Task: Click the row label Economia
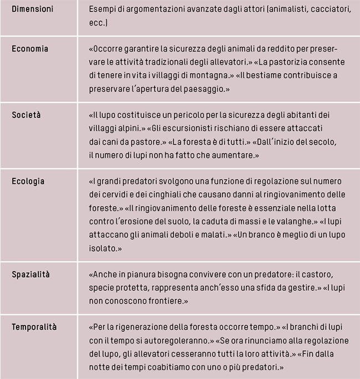click(x=30, y=49)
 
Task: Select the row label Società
click(x=27, y=115)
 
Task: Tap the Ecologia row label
click(x=28, y=182)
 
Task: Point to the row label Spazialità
click(x=31, y=274)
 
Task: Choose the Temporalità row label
click(x=34, y=327)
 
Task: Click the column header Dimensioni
click(x=33, y=10)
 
